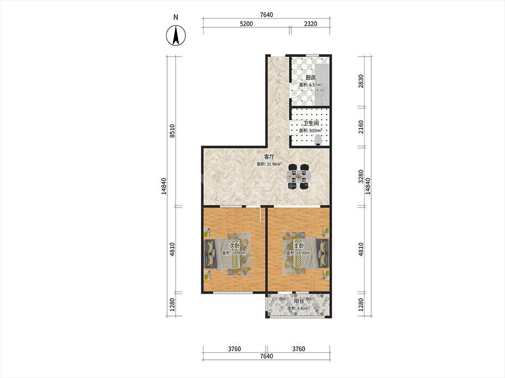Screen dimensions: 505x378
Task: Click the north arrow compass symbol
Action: (x=176, y=35)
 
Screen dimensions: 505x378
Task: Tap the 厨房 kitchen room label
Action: (x=311, y=78)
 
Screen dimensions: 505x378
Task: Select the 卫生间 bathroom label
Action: (x=311, y=123)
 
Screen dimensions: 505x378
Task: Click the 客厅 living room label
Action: (x=269, y=157)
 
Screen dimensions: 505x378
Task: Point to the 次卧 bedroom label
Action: (x=234, y=245)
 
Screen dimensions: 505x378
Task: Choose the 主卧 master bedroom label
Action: (x=298, y=245)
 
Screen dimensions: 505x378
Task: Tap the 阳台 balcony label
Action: (x=299, y=301)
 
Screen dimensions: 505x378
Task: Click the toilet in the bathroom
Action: (x=318, y=141)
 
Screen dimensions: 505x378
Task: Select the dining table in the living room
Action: (x=299, y=176)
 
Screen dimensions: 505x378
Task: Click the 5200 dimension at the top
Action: (x=246, y=24)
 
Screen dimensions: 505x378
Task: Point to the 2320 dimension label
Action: (x=311, y=24)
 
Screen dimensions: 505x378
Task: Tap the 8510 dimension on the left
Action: (x=172, y=131)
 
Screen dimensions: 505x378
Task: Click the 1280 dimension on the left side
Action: (x=172, y=305)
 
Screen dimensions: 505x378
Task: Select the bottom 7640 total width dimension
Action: (x=266, y=356)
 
